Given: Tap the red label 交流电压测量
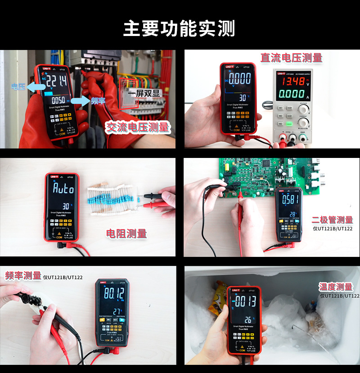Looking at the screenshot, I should pos(137,127).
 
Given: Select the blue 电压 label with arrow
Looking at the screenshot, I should pos(19,86).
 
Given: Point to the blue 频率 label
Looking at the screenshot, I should pos(97,100).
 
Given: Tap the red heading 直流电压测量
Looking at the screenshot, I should pos(291,58).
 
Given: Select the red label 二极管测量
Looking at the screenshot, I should pos(333,220).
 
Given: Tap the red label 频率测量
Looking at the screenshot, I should pos(23,275).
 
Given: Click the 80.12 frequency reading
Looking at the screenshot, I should pos(114,294).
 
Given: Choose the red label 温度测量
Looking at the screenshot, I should pos(336,287).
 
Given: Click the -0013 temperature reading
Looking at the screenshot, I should pos(243,301).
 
